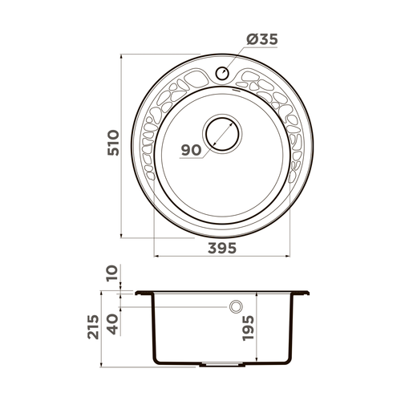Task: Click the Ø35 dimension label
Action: (262, 39)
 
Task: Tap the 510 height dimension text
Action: (113, 143)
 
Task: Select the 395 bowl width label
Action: (222, 248)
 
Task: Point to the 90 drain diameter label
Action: (191, 150)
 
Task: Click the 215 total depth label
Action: (93, 327)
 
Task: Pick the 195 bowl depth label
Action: (248, 328)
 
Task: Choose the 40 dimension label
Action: (113, 324)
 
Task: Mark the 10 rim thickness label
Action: (113, 273)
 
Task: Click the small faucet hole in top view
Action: (222, 73)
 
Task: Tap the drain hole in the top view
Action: (222, 133)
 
